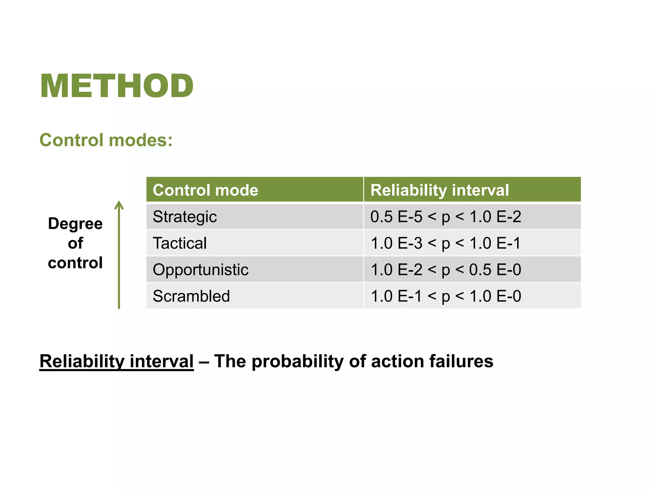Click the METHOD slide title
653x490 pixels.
pos(117,86)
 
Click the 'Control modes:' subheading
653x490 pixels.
pos(106,140)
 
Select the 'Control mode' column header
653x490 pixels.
pos(205,190)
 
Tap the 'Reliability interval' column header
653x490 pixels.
pos(439,190)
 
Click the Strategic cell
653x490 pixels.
pos(185,217)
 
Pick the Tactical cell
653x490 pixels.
pos(180,243)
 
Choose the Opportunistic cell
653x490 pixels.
pos(200,270)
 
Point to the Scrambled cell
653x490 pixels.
pos(191,296)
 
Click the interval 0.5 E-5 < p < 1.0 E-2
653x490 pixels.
pos(445,217)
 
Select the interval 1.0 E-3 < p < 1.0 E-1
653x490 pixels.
pos(445,243)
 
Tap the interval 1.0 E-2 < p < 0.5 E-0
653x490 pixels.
pos(445,270)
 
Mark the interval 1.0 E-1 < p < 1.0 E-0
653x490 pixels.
pos(445,296)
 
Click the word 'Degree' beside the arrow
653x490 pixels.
pos(75,224)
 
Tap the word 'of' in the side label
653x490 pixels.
pos(75,243)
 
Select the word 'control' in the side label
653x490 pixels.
pos(75,263)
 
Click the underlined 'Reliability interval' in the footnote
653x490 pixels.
pos(116,361)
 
